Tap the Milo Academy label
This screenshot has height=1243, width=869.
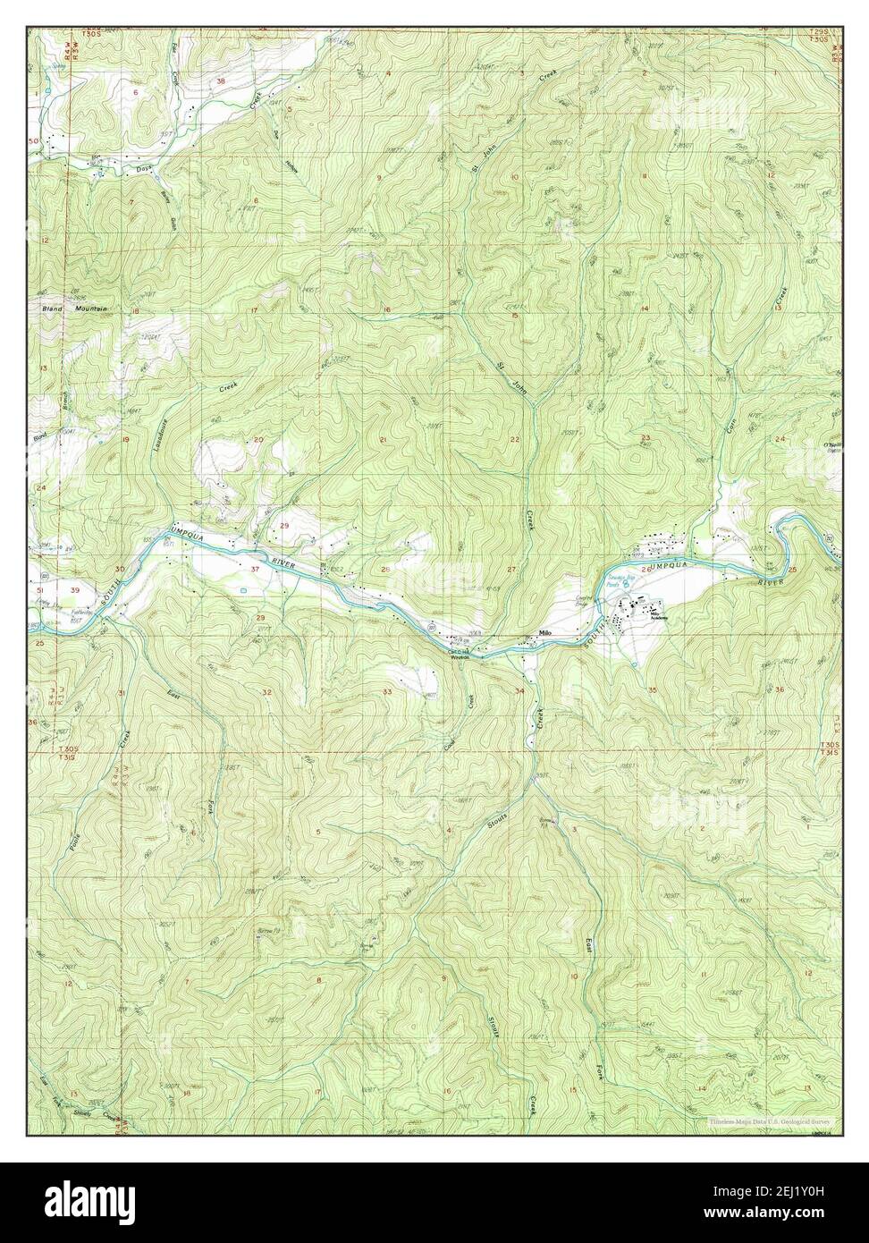659,616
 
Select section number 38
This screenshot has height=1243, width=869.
221,80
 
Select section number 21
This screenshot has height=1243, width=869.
383,439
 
